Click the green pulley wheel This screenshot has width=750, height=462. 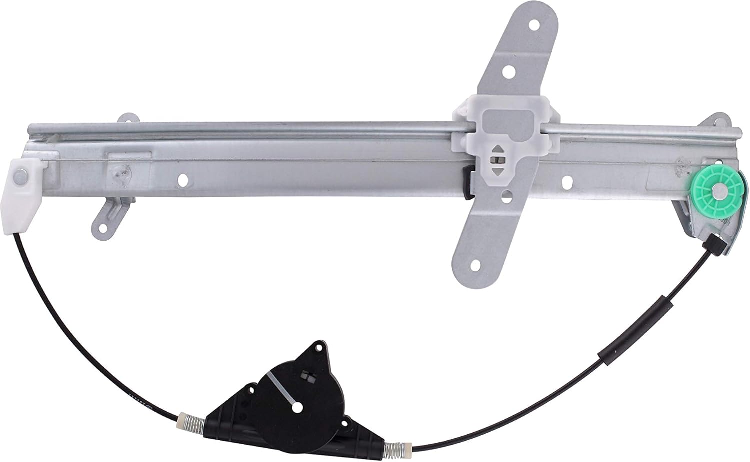(x=719, y=189)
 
